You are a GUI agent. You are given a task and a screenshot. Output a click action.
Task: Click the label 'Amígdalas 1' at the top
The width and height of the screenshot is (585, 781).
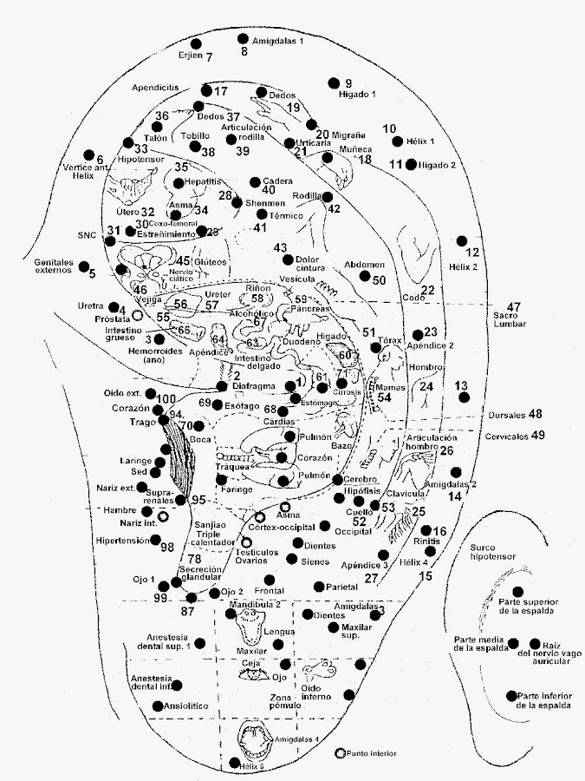276,41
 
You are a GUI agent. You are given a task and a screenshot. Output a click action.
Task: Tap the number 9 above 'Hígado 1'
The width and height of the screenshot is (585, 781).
348,83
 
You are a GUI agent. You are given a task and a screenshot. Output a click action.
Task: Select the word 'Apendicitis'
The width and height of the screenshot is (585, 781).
156,88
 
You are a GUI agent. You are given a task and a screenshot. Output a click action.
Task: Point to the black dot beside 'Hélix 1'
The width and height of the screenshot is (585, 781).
398,141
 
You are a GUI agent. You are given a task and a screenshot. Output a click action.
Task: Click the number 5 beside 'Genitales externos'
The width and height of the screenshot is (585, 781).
91,274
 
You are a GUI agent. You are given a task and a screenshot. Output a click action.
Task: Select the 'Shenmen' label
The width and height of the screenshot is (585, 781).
265,203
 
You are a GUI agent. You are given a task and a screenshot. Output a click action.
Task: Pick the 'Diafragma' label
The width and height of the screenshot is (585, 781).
256,386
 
